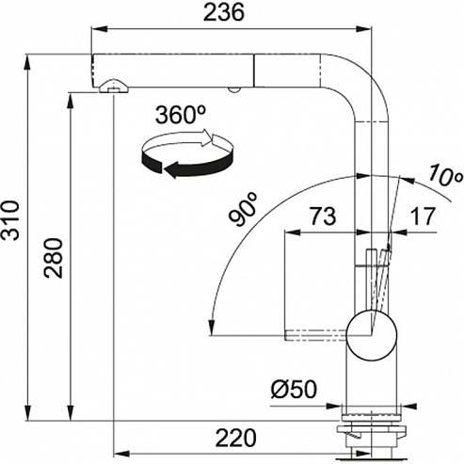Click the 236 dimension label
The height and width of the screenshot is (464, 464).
tap(223, 13)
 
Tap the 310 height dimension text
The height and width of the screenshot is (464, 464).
tap(11, 220)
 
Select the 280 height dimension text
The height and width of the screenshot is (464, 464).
tap(53, 258)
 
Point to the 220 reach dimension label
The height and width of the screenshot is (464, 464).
tap(236, 438)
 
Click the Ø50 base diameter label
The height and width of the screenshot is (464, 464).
tap(294, 390)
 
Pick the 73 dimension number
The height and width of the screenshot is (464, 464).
tap(323, 216)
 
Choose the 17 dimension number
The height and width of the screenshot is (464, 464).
tap(424, 216)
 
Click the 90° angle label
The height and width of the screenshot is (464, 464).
tap(244, 209)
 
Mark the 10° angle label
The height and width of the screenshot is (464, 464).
tap(444, 176)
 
